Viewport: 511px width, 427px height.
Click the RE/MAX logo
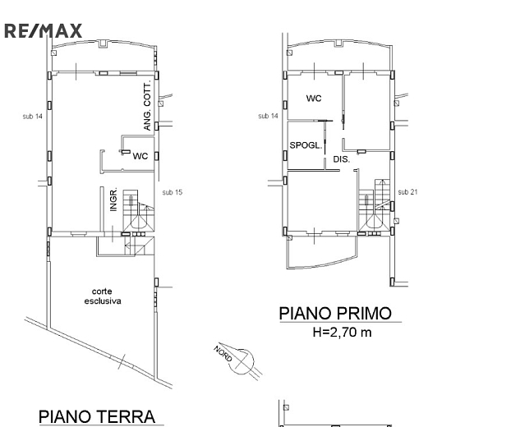[x=43, y=31]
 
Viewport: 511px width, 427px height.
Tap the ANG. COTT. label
[x=147, y=107]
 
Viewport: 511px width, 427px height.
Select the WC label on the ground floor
[x=140, y=156]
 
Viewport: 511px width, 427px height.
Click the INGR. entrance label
[x=113, y=200]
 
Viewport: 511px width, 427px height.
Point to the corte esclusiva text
[x=103, y=296]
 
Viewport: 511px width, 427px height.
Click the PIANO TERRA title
[x=97, y=416]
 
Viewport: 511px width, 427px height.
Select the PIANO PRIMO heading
[x=335, y=313]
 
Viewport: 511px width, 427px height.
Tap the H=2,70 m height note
[x=342, y=333]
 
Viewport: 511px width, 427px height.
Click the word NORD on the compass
[x=223, y=353]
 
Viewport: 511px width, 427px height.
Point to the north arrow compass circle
[x=242, y=361]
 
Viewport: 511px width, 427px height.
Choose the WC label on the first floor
[x=314, y=98]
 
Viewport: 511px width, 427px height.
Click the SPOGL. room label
[x=306, y=145]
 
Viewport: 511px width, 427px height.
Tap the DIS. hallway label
[x=342, y=159]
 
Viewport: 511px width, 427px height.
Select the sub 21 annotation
[x=407, y=192]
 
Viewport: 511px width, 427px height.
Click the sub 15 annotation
[x=172, y=192]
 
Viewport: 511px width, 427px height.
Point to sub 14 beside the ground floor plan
[x=33, y=117]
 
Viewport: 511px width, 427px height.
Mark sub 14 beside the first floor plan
[x=268, y=116]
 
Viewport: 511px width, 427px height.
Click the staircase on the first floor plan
[x=374, y=204]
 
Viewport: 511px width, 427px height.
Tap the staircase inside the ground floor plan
[x=138, y=210]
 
